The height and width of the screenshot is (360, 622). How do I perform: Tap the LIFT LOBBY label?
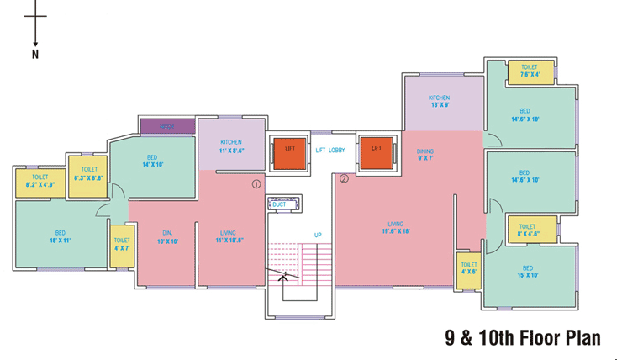pyautogui.click(x=330, y=150)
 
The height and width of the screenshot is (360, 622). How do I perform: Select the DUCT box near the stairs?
pyautogui.click(x=279, y=204)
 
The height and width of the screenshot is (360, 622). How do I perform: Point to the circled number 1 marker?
pyautogui.click(x=256, y=183)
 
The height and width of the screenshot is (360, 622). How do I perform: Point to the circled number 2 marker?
pyautogui.click(x=344, y=178)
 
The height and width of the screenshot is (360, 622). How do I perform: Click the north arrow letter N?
pyautogui.click(x=35, y=56)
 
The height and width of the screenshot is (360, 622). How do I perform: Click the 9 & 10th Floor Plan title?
pyautogui.click(x=523, y=338)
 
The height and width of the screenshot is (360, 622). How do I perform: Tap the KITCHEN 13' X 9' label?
pyautogui.click(x=439, y=102)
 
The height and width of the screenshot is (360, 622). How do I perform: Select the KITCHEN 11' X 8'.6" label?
pyautogui.click(x=231, y=146)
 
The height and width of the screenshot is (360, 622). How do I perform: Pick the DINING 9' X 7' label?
pyautogui.click(x=424, y=155)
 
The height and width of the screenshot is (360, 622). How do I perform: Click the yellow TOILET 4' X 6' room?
pyautogui.click(x=468, y=268)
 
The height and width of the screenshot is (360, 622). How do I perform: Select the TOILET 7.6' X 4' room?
pyautogui.click(x=529, y=71)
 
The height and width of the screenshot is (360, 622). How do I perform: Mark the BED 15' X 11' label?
pyautogui.click(x=61, y=237)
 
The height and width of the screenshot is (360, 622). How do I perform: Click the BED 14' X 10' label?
pyautogui.click(x=152, y=161)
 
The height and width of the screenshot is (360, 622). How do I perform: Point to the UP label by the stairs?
pyautogui.click(x=318, y=235)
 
